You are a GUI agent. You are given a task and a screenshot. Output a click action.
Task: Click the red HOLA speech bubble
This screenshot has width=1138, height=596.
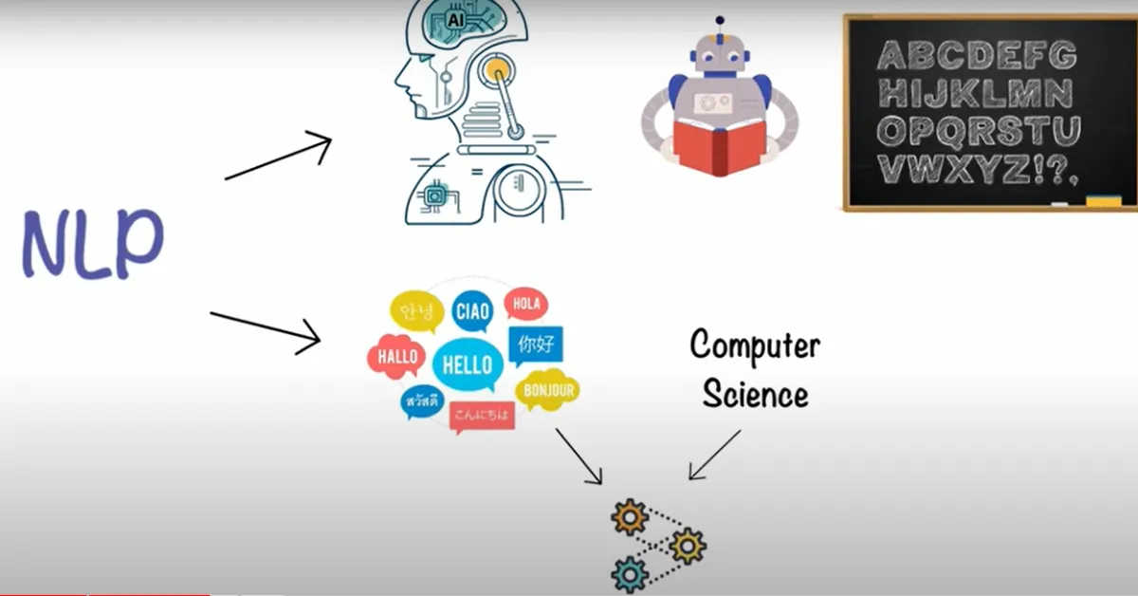coord(525,305)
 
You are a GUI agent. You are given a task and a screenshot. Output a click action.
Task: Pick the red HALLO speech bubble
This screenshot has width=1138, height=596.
coord(395,358)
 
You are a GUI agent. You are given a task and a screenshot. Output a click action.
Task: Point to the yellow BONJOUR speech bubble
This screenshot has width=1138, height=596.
coord(547,390)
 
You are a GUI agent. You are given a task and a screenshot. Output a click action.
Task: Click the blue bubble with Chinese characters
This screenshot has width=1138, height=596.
coord(535,345)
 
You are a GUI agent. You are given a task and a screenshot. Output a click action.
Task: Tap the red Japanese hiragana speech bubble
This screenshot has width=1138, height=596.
coord(483,415)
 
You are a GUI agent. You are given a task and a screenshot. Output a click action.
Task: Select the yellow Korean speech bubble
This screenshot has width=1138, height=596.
coord(417,311)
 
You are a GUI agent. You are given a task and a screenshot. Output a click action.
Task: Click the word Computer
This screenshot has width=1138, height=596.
coord(754,345)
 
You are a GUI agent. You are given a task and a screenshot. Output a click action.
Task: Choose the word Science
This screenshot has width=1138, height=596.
coord(755,393)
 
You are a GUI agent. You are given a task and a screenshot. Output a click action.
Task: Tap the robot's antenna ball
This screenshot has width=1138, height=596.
coord(721,20)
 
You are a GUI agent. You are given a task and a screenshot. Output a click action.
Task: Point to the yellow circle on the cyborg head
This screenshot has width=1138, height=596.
coord(498,68)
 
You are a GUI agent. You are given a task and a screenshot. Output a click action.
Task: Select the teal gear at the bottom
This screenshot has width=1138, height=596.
coord(629,573)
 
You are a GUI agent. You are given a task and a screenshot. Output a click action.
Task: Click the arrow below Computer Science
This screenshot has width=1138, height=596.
coord(714,456)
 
